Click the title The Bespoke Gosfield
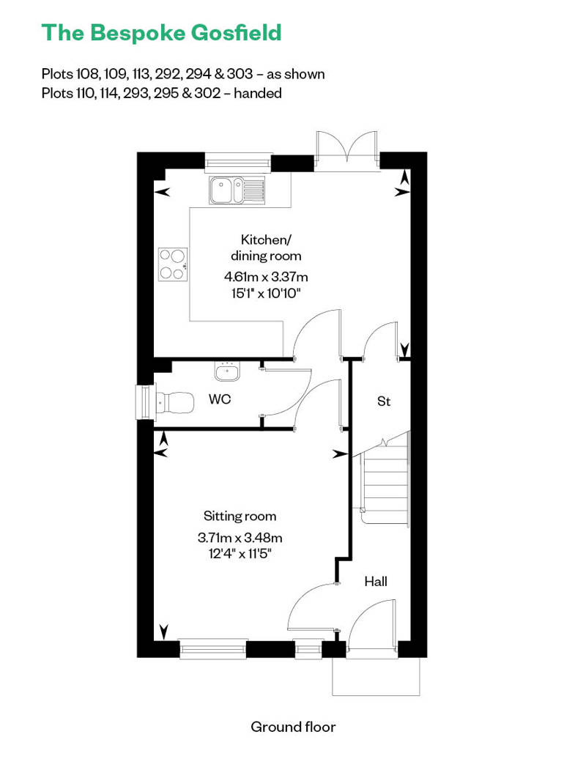click(161, 33)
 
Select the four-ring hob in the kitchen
click(173, 264)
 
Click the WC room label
click(220, 400)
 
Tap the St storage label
click(383, 401)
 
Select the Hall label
click(376, 582)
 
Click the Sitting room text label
click(240, 517)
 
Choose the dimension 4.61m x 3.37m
click(266, 277)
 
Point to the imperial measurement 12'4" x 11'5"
click(240, 553)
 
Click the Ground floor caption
click(293, 727)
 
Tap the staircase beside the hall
click(385, 480)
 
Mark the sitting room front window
click(212, 647)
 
